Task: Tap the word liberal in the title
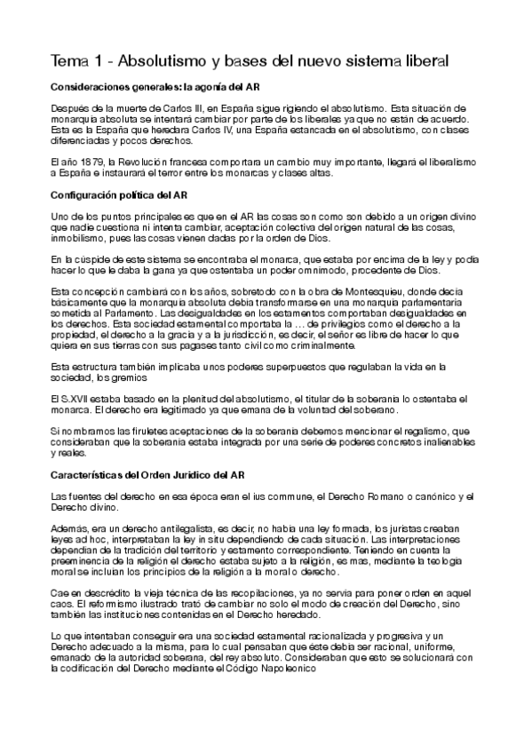coord(420,61)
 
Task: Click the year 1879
coord(87,162)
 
